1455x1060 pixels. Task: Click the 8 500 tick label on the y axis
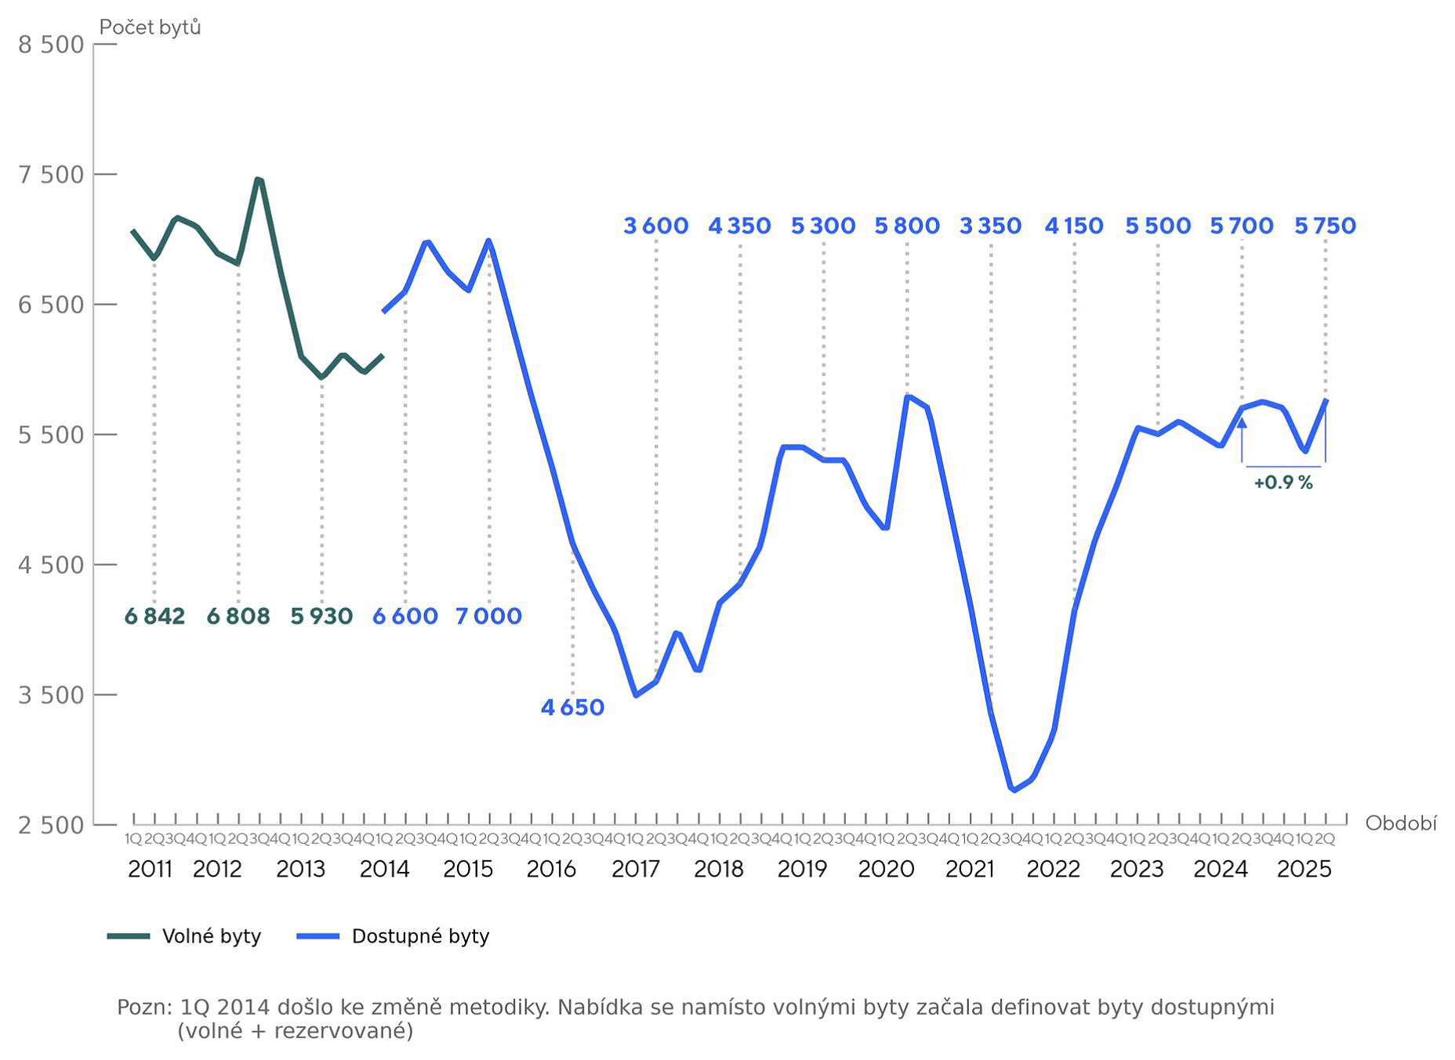(x=51, y=45)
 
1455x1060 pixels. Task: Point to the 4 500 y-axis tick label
(x=51, y=565)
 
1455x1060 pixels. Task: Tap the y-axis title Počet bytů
(x=150, y=27)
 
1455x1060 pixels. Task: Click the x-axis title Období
(x=1400, y=823)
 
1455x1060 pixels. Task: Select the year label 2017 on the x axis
(x=635, y=869)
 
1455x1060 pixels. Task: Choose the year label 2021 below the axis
(x=970, y=869)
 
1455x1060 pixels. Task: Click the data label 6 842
(x=154, y=617)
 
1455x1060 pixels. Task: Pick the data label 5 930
(x=321, y=617)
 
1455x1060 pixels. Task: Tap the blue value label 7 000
(x=488, y=617)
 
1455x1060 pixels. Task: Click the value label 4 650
(x=572, y=707)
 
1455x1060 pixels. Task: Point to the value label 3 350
(x=990, y=226)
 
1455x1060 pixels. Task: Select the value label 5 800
(x=907, y=226)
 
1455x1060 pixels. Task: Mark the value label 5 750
(x=1325, y=226)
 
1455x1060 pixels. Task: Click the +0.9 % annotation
(x=1283, y=483)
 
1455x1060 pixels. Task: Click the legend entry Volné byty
(x=211, y=936)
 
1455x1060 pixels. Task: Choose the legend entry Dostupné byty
(x=420, y=936)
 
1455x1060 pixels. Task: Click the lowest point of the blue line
(x=1014, y=790)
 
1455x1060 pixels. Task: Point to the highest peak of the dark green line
(x=258, y=179)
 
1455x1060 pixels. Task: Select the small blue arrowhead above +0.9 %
(x=1242, y=423)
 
